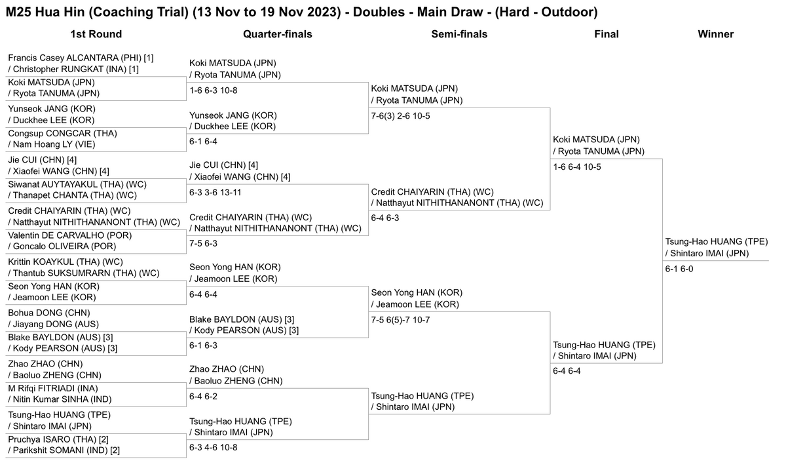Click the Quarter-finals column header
click(x=277, y=34)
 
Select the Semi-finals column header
click(x=459, y=34)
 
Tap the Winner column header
click(x=715, y=34)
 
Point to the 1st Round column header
click(x=96, y=34)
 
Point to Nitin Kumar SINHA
click(x=62, y=399)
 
